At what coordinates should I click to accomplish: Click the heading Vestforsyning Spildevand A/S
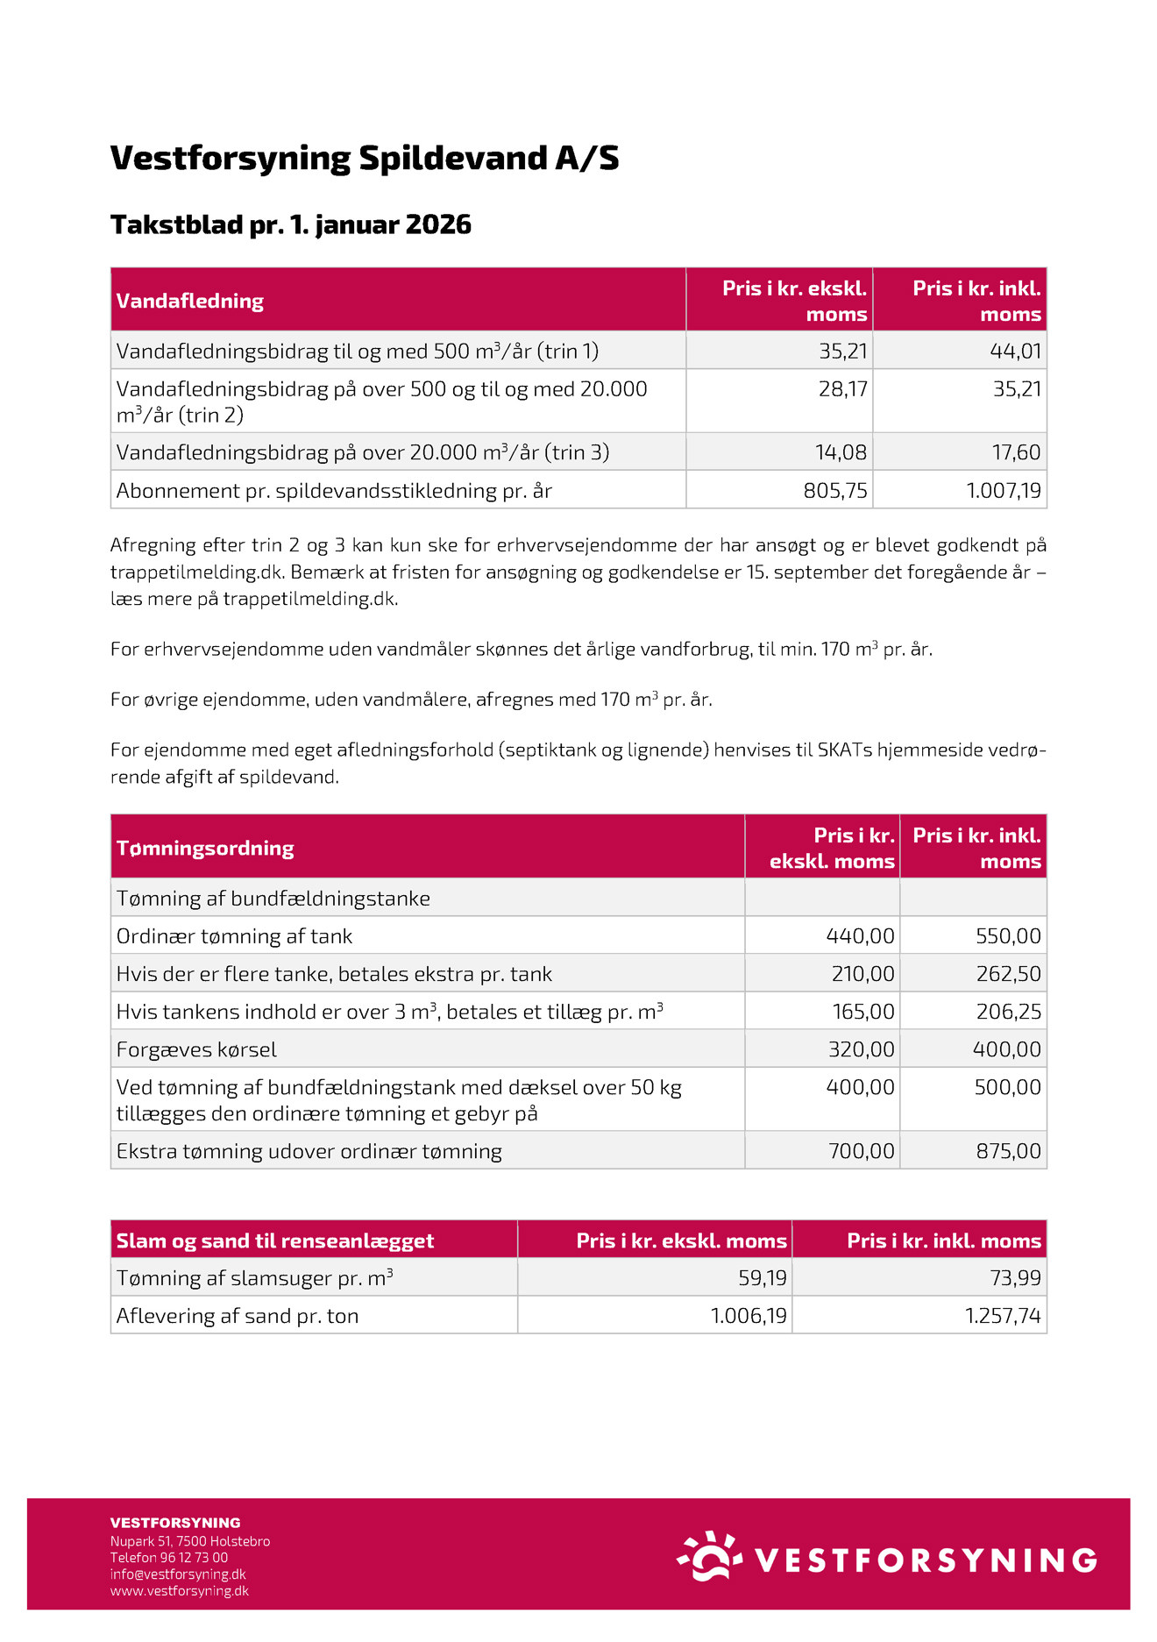click(365, 159)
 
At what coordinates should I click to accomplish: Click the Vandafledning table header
click(190, 301)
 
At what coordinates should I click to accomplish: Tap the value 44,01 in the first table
click(1016, 352)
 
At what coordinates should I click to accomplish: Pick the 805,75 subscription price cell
click(835, 491)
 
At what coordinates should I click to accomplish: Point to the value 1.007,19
click(1004, 491)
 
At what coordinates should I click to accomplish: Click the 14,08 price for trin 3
click(841, 453)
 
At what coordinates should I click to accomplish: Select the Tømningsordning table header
click(205, 848)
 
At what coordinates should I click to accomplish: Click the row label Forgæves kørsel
click(196, 1050)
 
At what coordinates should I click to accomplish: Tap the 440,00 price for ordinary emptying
click(860, 937)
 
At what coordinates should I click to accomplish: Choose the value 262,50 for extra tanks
click(1009, 975)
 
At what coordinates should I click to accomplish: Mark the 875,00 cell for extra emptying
click(1009, 1152)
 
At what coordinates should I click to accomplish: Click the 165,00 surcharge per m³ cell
click(863, 1013)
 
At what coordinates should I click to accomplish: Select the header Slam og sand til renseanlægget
click(275, 1240)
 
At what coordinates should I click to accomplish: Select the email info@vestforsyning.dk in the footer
click(178, 1574)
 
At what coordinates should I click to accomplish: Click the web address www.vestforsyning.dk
click(180, 1591)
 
